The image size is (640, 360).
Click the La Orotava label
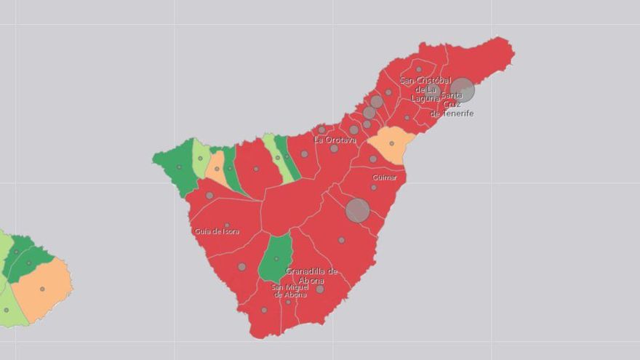pos(335,139)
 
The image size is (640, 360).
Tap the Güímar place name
pos(385,177)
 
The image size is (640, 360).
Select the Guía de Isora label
pos(217,232)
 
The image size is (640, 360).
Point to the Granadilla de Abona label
pos(311,276)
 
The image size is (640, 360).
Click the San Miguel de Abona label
pos(289,290)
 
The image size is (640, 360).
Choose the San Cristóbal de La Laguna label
pos(425,89)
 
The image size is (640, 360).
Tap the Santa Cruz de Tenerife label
pos(452,105)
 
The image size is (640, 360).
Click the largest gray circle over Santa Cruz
pos(462,89)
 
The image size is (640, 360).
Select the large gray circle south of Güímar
pos(357,210)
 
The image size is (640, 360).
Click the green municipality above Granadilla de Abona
pos(276,260)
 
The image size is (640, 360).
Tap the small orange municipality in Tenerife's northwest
pos(216,169)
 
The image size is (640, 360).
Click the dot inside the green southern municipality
pos(276,258)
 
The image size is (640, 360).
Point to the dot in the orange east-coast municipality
pos(391,143)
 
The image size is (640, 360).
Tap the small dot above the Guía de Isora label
pos(227,225)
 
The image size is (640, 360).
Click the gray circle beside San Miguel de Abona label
pos(319,289)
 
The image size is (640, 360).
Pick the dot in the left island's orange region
pos(42,289)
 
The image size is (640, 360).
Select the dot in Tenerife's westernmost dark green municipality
pos(179,167)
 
